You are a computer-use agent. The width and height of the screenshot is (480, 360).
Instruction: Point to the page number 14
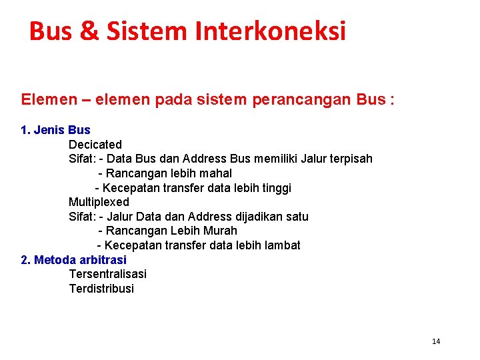(x=436, y=341)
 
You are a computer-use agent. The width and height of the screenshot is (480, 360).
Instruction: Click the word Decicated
(x=95, y=144)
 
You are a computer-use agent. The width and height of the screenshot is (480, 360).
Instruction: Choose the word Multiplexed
(x=99, y=201)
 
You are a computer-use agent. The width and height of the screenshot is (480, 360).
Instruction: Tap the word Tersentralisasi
(x=107, y=273)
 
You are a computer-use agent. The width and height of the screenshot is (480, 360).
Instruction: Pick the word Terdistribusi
(x=101, y=288)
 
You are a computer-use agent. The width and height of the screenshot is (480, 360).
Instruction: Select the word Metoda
(x=55, y=259)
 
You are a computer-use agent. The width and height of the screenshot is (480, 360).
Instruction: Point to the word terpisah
(x=348, y=159)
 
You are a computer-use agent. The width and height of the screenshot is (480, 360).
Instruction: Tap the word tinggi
(x=275, y=188)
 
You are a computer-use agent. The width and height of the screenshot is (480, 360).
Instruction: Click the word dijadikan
(x=256, y=216)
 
